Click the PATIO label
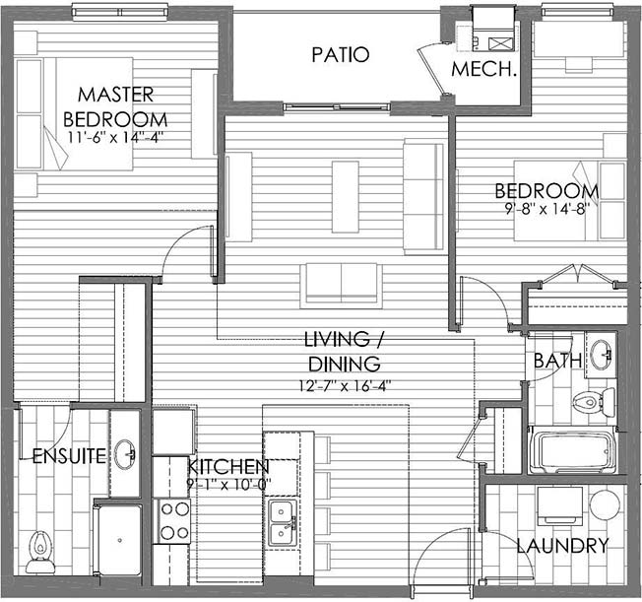(341, 55)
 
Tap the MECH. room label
(483, 69)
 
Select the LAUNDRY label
(562, 546)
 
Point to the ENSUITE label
(69, 456)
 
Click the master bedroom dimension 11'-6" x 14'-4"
(116, 137)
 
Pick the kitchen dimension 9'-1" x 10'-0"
(228, 485)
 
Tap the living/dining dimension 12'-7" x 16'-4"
(345, 386)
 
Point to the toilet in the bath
(594, 401)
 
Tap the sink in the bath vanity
(601, 354)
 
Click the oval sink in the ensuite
(125, 454)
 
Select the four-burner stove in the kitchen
(171, 521)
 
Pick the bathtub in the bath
(574, 450)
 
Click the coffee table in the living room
(346, 197)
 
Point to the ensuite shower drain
(119, 540)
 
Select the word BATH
(557, 361)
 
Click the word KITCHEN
(228, 467)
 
